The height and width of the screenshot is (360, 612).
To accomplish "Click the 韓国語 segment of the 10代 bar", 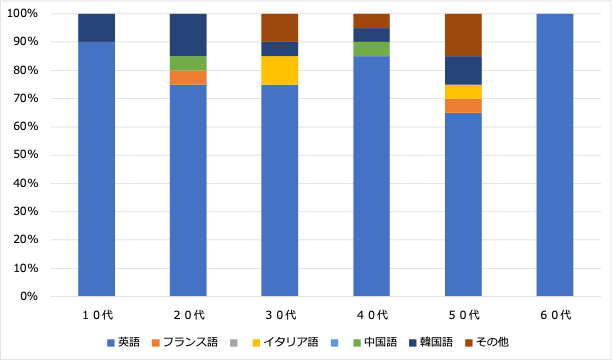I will (x=96, y=28).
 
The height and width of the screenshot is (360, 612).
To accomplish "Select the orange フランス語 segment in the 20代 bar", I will (x=188, y=78).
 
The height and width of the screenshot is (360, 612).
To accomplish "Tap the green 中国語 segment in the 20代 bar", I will (x=188, y=63).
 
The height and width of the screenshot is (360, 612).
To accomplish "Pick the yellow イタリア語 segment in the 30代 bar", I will (x=280, y=70).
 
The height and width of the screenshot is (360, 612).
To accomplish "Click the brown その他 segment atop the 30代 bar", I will (x=280, y=28).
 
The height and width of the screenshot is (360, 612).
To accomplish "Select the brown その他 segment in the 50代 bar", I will (x=463, y=35).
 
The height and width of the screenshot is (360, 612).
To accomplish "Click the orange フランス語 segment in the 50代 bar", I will (x=463, y=106).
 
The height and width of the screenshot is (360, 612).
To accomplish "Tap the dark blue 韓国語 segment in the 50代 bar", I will (x=463, y=70).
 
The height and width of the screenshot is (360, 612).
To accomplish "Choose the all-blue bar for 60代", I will (x=555, y=155).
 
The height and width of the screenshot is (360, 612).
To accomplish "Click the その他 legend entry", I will (x=486, y=342).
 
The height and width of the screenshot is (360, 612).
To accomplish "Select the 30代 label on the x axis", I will (x=280, y=315).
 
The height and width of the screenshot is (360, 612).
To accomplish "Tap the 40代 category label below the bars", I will (x=371, y=315).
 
